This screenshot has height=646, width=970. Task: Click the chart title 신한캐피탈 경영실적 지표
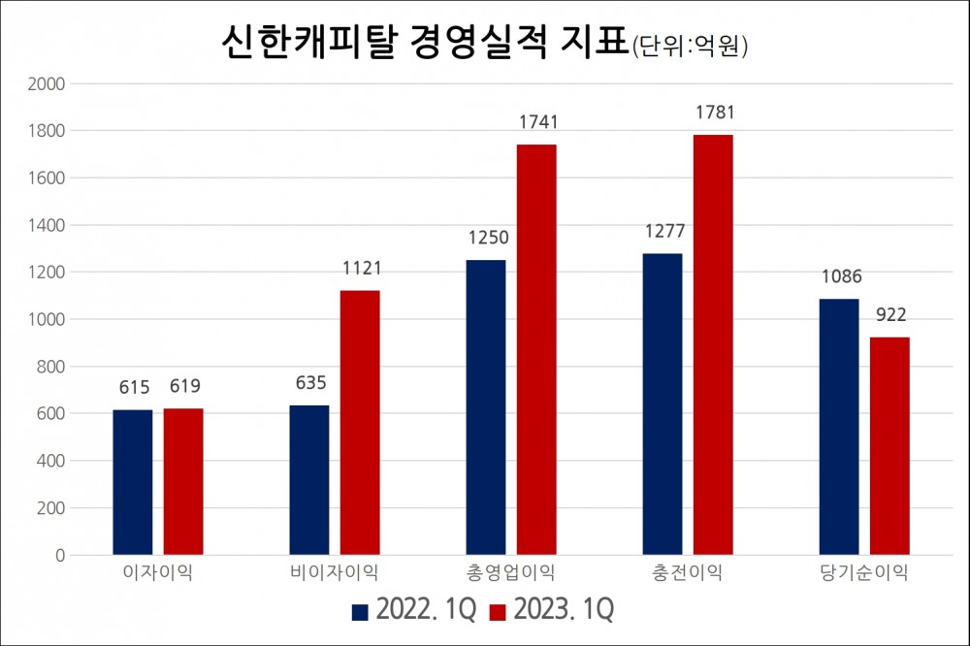coord(423,43)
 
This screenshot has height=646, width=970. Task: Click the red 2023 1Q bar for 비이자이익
coord(360,423)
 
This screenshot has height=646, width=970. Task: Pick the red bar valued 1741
coord(536,349)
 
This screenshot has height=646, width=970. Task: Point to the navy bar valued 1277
coord(663,404)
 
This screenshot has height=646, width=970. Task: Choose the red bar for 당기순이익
coord(889,446)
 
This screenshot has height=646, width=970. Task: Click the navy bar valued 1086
coord(839,427)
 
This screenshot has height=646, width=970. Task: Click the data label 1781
coord(714,113)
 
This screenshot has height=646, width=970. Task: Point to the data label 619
coord(183,387)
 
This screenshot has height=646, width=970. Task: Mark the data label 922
coord(889,315)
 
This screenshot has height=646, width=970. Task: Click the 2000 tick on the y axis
coord(46,83)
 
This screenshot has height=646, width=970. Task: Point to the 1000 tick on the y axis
coord(46,319)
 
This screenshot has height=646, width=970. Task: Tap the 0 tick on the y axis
coord(58,556)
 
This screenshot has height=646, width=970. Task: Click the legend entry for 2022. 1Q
coord(413,610)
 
